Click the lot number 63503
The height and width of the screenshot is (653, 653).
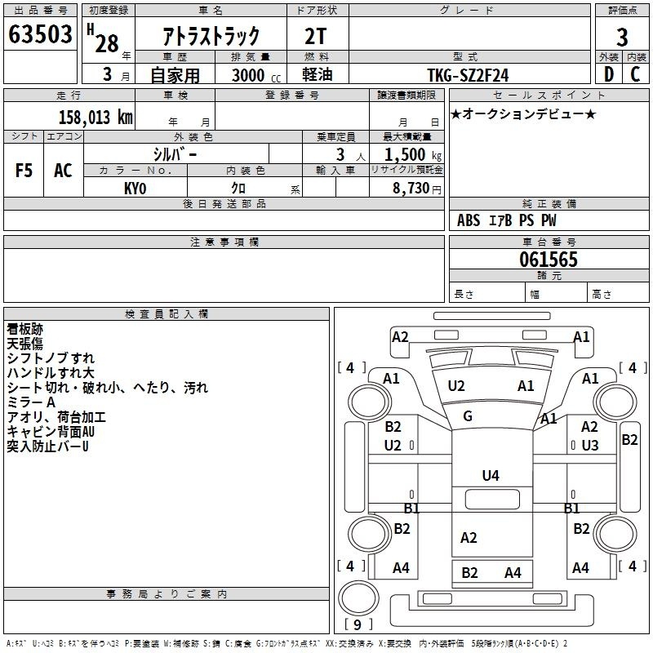40,33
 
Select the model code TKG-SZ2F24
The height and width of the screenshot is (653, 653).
468,75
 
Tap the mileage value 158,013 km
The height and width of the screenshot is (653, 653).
96,117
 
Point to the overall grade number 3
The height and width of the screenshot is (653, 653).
622,38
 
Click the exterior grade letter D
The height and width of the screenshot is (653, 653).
609,74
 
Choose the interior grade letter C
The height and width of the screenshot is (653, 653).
635,74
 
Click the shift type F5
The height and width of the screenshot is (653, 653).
24,171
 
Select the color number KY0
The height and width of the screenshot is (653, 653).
135,189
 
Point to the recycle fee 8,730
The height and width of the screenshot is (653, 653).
411,189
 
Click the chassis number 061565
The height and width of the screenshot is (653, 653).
549,260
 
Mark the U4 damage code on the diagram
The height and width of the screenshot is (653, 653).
491,476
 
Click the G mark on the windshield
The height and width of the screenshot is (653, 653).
468,416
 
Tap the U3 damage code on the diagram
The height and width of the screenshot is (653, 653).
589,446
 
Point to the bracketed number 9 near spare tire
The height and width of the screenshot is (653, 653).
358,624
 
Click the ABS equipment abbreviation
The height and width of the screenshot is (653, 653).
469,220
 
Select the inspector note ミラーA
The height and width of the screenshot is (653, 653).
31,402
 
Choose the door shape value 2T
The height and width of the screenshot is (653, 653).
315,37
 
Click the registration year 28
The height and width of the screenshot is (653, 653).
107,44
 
